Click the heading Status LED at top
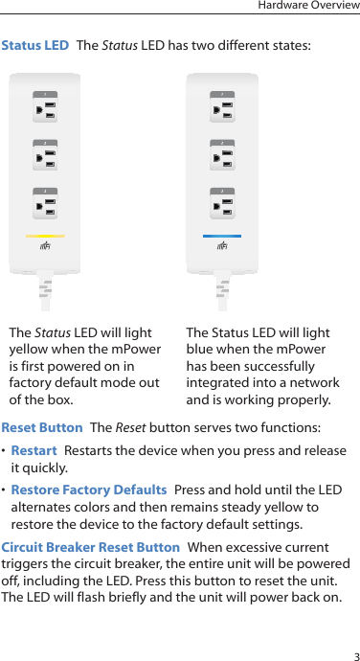click(x=35, y=45)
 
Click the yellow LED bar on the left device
click(x=46, y=235)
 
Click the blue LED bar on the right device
click(x=222, y=235)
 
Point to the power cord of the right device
click(x=222, y=292)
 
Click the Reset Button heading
click(x=42, y=427)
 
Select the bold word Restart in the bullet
click(x=34, y=450)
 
